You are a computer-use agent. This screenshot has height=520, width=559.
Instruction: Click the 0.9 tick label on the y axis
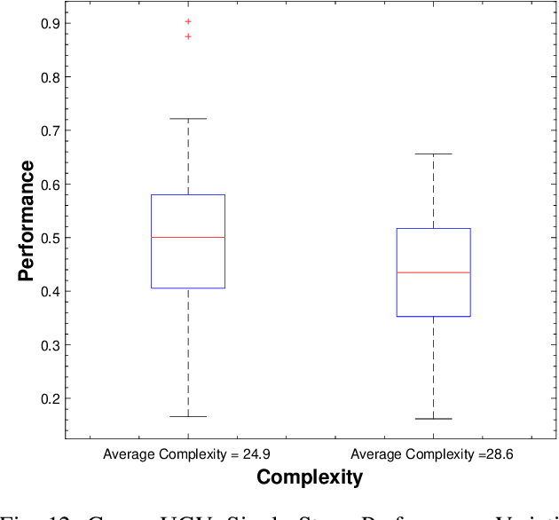(50, 23)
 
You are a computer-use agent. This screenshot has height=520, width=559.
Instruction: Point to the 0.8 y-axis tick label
(50, 77)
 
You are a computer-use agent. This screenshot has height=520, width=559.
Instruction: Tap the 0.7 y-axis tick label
(50, 130)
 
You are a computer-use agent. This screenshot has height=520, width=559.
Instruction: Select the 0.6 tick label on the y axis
(50, 185)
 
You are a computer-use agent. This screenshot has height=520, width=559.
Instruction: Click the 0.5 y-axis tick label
(50, 238)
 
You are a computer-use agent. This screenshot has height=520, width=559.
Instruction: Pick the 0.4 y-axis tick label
(50, 291)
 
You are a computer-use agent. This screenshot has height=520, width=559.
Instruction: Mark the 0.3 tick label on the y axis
(50, 345)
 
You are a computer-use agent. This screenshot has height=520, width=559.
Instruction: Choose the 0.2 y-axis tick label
(50, 398)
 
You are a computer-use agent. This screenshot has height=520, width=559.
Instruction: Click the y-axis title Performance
(27, 220)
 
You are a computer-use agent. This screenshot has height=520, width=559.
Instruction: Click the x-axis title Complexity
(310, 477)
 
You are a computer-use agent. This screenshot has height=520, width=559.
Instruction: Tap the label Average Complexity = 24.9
(187, 454)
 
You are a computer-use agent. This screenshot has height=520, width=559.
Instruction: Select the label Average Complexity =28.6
(432, 454)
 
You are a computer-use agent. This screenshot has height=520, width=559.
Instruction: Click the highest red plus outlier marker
(188, 21)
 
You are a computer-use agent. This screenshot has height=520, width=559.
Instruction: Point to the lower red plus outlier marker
(188, 36)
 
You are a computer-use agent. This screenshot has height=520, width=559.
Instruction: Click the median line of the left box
(188, 238)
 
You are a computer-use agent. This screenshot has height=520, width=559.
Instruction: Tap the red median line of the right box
(433, 272)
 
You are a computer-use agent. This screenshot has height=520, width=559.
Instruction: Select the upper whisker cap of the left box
(188, 119)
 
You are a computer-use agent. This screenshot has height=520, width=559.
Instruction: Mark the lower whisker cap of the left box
(188, 416)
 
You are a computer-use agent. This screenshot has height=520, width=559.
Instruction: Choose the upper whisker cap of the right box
(433, 154)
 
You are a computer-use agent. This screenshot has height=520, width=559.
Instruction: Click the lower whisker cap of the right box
(433, 419)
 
